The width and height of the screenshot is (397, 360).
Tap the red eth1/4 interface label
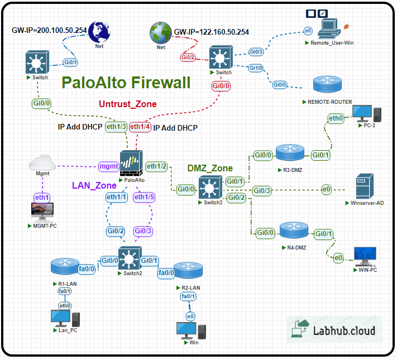[x=140, y=127]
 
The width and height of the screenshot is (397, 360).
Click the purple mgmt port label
[x=108, y=166]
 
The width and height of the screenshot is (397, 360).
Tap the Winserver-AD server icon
[x=364, y=188]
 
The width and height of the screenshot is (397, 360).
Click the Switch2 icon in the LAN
[x=130, y=258]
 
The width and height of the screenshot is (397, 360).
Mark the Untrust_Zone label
[x=128, y=104]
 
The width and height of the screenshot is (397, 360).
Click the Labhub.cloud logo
[x=334, y=330]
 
